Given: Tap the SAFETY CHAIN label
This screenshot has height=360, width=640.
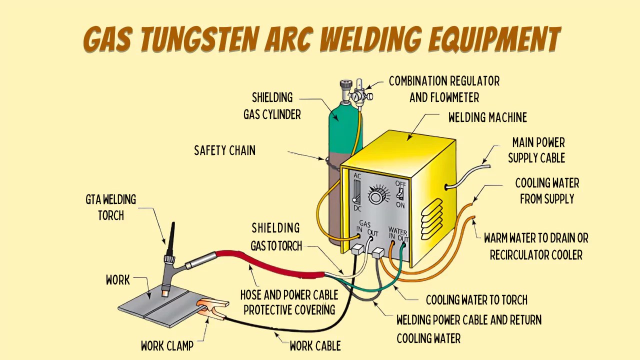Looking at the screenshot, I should click(x=224, y=150).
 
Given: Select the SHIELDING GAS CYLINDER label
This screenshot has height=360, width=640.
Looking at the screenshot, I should click(x=272, y=106).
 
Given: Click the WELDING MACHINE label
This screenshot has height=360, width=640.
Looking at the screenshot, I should click(x=487, y=117).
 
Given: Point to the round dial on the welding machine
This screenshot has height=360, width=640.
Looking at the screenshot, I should click(x=376, y=195).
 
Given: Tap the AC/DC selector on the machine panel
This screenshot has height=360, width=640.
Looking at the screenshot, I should click(x=357, y=191).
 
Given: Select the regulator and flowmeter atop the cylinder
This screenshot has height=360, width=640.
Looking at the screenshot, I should click(x=359, y=93).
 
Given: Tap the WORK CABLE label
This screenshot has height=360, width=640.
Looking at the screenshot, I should click(x=315, y=346).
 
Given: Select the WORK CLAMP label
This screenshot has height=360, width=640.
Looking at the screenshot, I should click(x=167, y=346).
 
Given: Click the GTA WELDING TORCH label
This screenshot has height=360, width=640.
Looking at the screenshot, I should click(x=110, y=207).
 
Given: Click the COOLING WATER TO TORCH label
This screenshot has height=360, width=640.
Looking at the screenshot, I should click(x=476, y=300).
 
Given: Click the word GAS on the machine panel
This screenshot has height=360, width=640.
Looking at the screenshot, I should click(x=365, y=224).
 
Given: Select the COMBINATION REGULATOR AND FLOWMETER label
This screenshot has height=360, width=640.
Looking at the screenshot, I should click(x=444, y=89).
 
